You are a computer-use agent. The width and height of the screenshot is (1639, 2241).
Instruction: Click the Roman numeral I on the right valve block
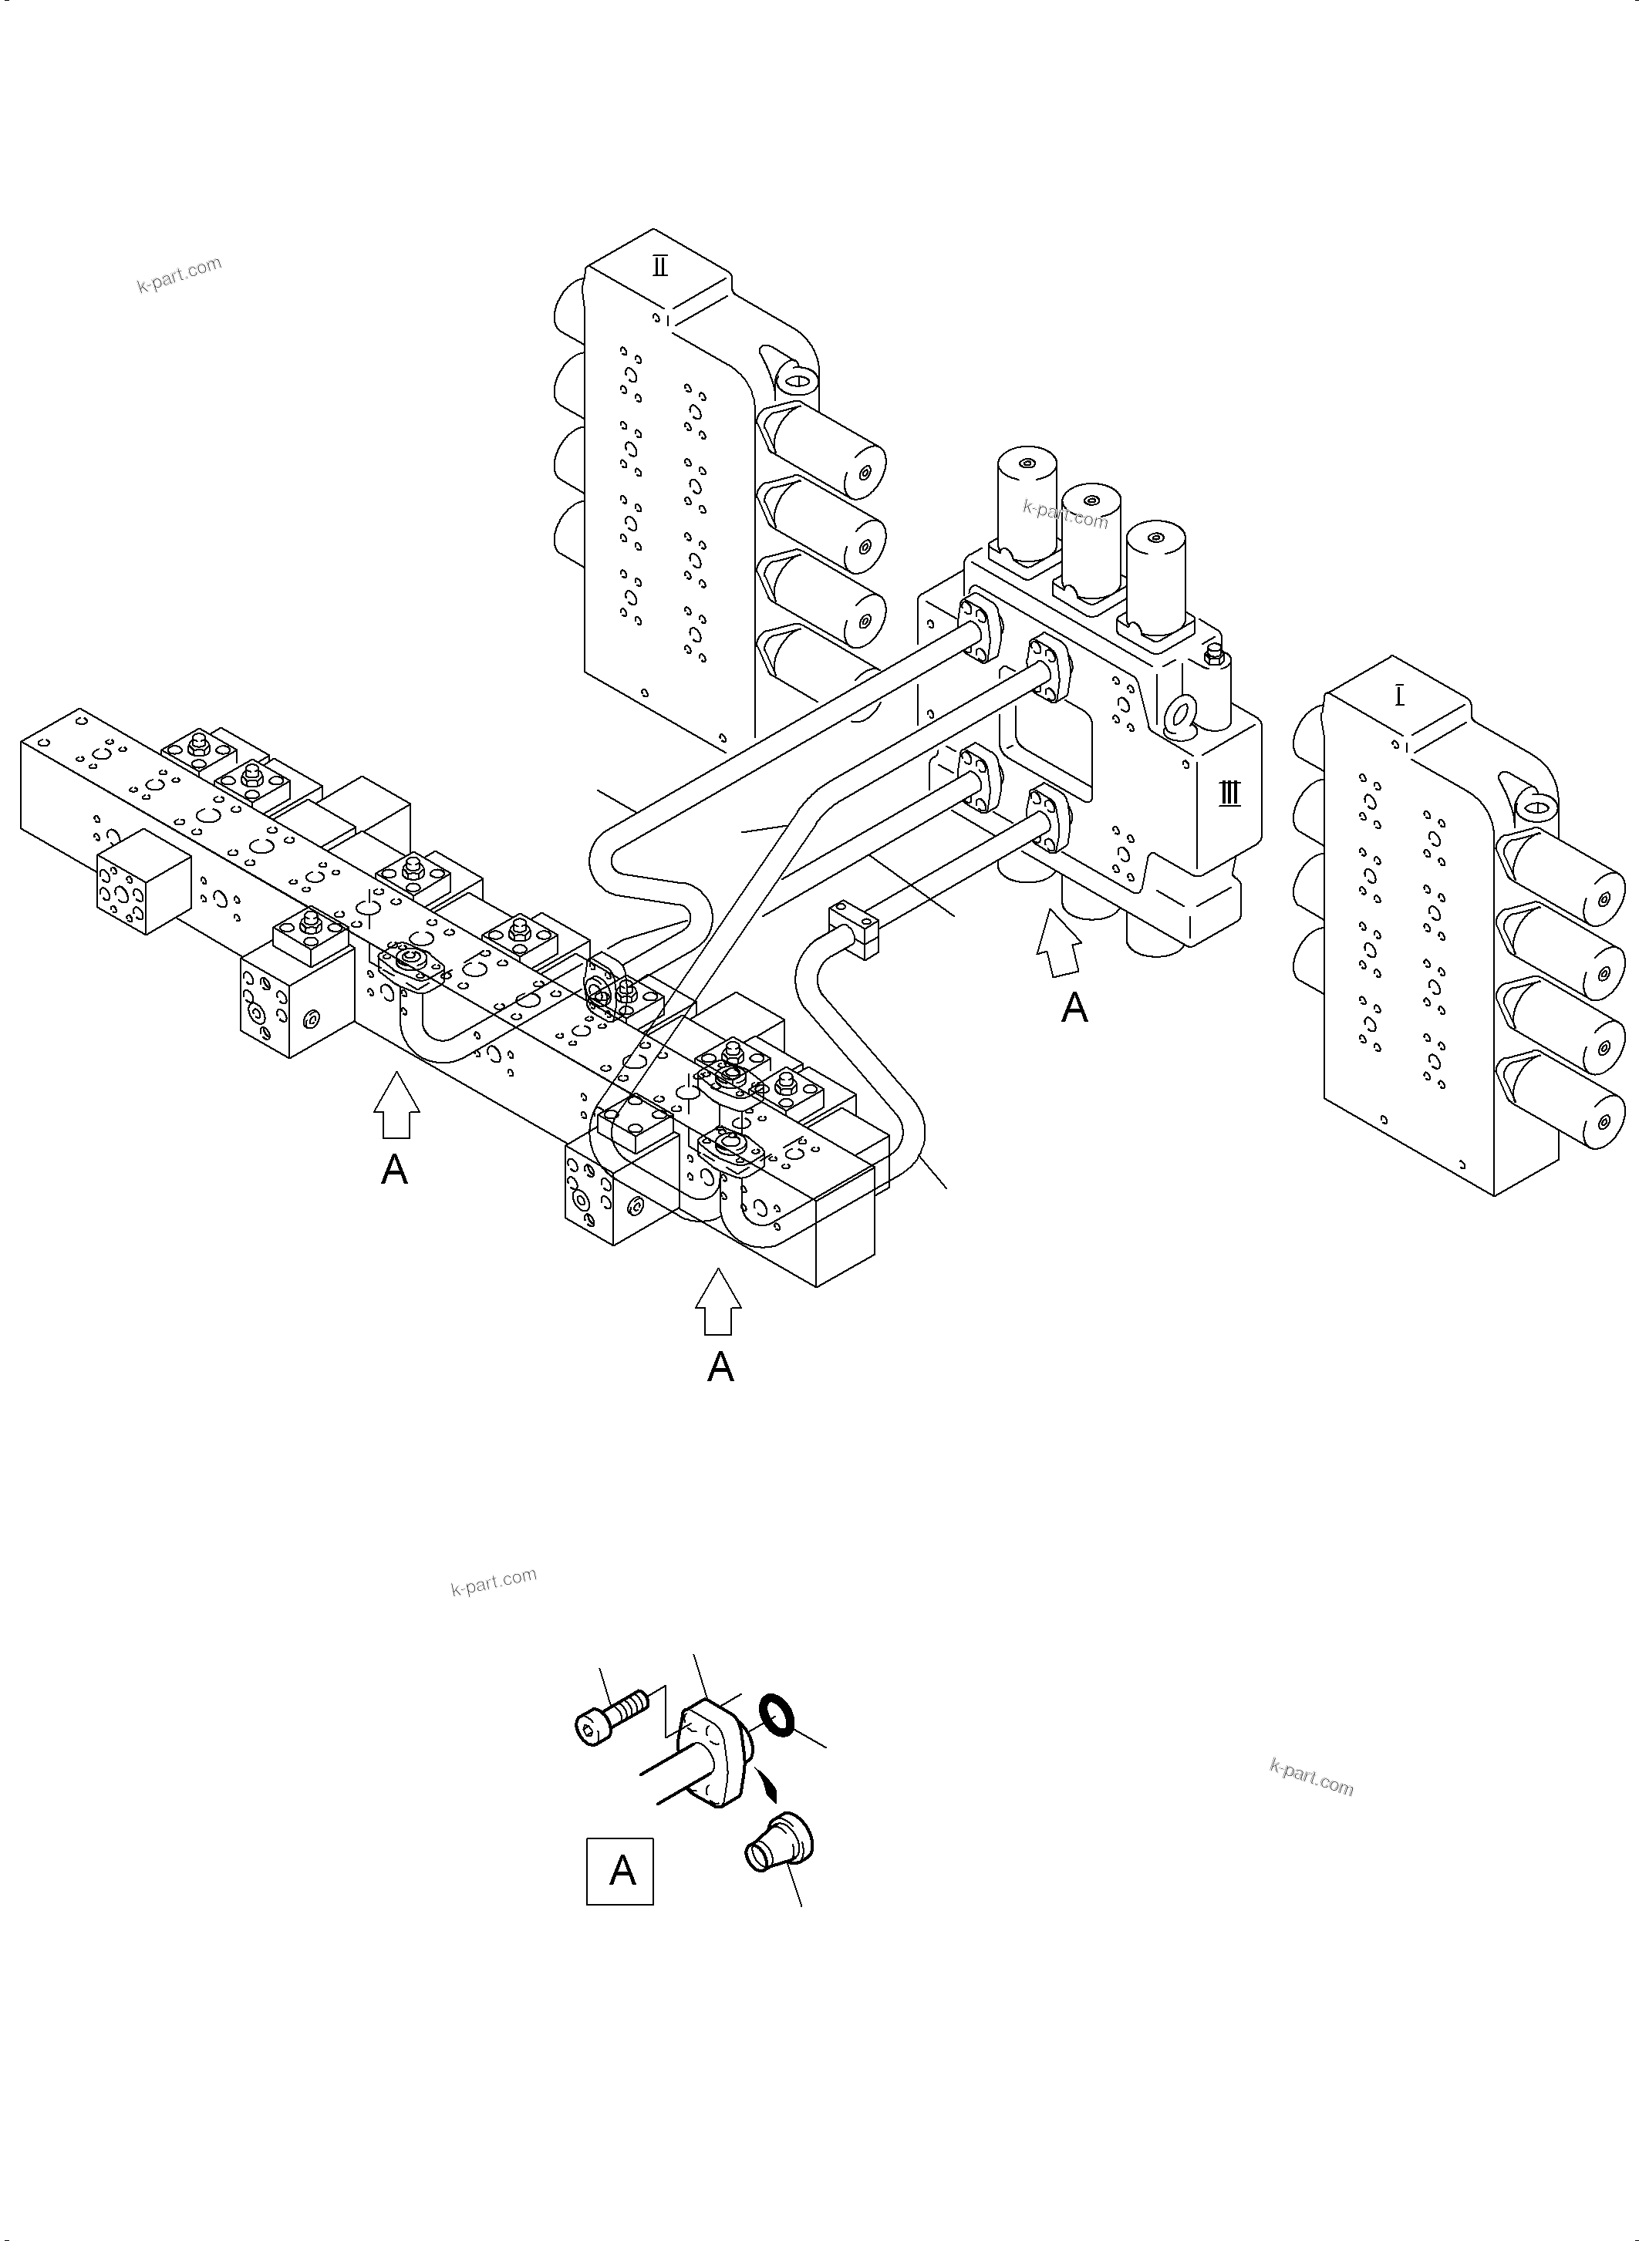tap(1399, 696)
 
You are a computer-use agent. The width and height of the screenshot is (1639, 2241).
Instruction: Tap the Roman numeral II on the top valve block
tap(659, 266)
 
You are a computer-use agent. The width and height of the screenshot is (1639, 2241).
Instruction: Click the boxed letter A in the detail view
tap(620, 1871)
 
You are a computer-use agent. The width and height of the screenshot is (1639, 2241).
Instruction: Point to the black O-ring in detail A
tap(777, 1715)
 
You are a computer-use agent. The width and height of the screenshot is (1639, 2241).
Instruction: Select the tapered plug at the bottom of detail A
tap(780, 1843)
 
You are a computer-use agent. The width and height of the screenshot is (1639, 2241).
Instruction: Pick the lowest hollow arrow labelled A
tap(718, 1302)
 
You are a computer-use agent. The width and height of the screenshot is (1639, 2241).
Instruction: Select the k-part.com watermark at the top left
tap(180, 274)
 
